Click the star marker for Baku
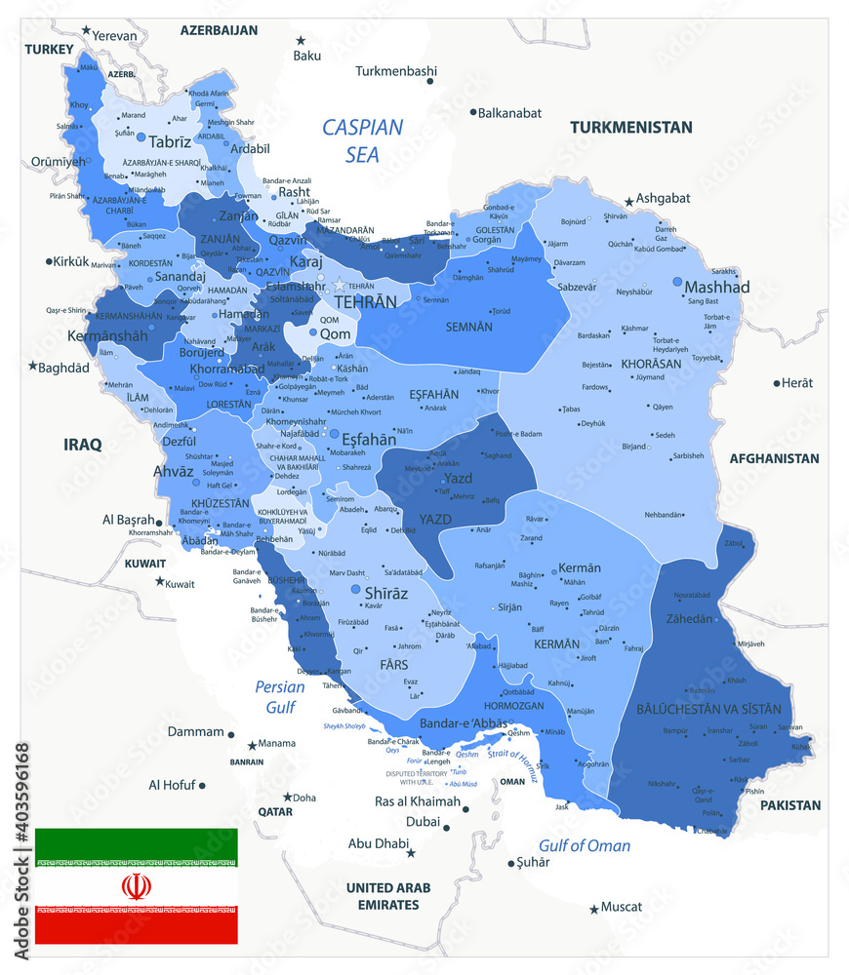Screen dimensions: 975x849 point(301,40)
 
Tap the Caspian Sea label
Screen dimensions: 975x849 point(362,140)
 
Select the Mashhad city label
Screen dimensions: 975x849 point(716,287)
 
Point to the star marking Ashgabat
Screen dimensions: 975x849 point(629,199)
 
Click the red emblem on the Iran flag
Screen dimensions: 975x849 point(137,886)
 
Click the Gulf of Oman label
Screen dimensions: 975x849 point(585,845)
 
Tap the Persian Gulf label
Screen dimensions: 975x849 point(280,695)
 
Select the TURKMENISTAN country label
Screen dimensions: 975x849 point(631,127)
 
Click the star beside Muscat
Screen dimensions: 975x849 point(593,909)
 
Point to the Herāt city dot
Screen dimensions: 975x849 point(777,383)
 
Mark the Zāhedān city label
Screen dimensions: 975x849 point(691,618)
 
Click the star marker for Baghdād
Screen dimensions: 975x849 point(32,367)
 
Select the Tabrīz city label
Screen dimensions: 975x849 point(170,141)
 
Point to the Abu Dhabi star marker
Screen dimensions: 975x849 point(410,853)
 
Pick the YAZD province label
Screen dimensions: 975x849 point(435,519)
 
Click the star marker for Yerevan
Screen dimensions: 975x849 point(86,32)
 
